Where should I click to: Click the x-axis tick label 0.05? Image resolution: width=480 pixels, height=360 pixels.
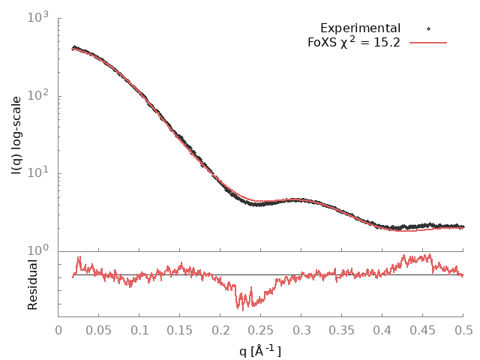pos(99,328)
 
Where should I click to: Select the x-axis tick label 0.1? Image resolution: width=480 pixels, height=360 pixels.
pos(139,328)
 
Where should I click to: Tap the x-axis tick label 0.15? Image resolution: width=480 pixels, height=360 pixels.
pos(180,328)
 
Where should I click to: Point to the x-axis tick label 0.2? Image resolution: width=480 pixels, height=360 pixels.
pos(220,328)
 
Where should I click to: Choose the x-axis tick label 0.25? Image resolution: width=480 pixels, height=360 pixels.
pos(261,328)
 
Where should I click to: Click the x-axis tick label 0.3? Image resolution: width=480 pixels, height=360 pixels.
pos(301,328)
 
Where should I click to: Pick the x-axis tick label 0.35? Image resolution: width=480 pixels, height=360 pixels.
pos(342,328)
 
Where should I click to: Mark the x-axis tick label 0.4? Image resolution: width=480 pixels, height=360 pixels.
pos(382,328)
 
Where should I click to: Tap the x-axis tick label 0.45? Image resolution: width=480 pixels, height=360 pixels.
pos(423,328)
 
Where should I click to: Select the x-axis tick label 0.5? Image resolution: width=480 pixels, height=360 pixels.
pos(463,328)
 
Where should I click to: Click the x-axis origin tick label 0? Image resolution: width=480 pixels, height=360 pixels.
pos(58,328)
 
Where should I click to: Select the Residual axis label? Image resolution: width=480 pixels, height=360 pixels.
pos(32,284)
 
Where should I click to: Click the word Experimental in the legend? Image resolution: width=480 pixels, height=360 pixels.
pos(361,28)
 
